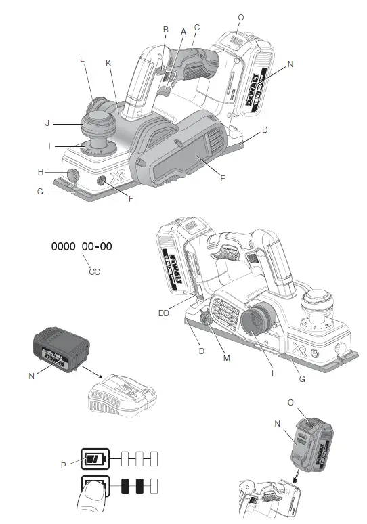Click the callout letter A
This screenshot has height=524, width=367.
click(183, 31)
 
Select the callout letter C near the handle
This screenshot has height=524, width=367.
click(196, 27)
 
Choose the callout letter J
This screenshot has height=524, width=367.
click(47, 123)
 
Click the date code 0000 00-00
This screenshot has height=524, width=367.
click(82, 247)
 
